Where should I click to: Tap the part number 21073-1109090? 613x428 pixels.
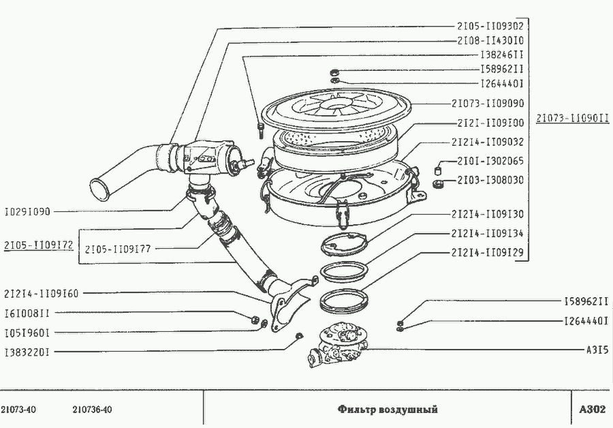pyautogui.click(x=487, y=104)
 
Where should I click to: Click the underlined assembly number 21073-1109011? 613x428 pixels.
pyautogui.click(x=571, y=118)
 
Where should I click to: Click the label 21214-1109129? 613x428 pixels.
pyautogui.click(x=487, y=252)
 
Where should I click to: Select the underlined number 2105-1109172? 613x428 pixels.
pyautogui.click(x=38, y=244)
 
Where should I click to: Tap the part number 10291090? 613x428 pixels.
pyautogui.click(x=27, y=211)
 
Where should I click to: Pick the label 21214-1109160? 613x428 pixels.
pyautogui.click(x=41, y=294)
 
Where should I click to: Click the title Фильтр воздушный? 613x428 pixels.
pyautogui.click(x=388, y=410)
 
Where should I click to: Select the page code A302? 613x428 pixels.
pyautogui.click(x=592, y=410)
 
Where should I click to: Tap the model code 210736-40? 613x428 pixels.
pyautogui.click(x=92, y=410)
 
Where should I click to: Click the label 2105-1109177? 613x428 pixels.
pyautogui.click(x=117, y=249)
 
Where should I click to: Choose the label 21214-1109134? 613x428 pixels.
pyautogui.click(x=487, y=233)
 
